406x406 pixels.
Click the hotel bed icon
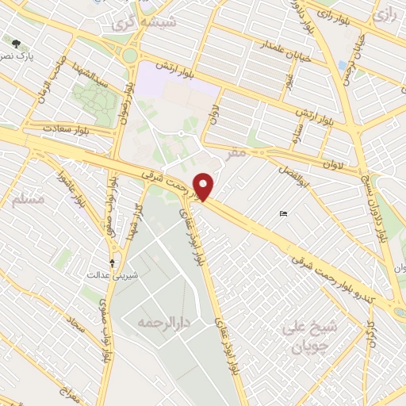[x=284, y=213]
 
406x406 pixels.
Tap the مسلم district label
[x=29, y=200]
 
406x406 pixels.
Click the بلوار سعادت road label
[x=67, y=128]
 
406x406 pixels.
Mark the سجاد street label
[x=75, y=325]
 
